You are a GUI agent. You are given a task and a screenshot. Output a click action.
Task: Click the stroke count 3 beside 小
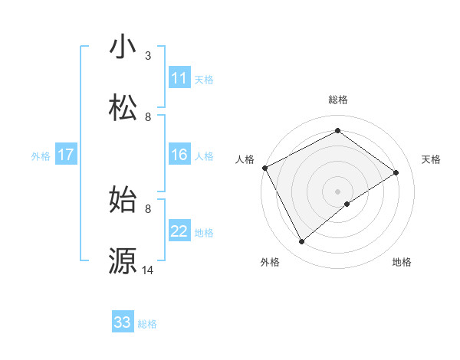coord(148,56)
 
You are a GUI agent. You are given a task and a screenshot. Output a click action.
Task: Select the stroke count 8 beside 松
coord(148,116)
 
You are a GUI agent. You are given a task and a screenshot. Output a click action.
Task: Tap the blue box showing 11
coord(179,78)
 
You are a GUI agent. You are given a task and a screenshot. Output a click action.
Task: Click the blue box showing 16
coord(179,155)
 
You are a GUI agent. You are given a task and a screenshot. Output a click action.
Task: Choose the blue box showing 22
coord(179,232)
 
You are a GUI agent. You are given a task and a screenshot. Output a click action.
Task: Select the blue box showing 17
coord(66,155)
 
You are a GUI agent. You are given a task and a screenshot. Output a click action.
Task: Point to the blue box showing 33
coord(123,322)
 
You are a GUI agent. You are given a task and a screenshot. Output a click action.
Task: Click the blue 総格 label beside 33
coord(147,324)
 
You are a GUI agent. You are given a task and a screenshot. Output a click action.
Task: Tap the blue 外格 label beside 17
coord(41,156)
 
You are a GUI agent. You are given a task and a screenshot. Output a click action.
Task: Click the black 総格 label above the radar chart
coord(338,100)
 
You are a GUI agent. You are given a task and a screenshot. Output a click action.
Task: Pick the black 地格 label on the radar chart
coord(402,262)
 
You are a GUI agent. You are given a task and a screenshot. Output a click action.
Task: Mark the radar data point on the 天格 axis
coord(396,172)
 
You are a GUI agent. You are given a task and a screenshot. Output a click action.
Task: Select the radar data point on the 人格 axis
coord(264,168)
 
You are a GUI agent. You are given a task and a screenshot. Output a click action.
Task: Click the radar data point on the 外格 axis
coord(302,242)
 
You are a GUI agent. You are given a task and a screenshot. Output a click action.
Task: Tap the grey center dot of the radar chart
coord(338,191)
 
